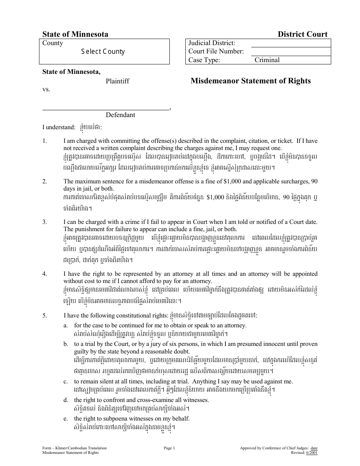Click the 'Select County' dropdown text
click(103, 52)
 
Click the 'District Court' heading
click(302, 34)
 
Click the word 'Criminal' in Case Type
click(267, 60)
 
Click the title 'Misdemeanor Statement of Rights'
click(250, 81)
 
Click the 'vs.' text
click(46, 89)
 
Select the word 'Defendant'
click(120, 115)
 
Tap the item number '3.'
click(45, 222)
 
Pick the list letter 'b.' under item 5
click(66, 344)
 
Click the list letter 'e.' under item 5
click(66, 419)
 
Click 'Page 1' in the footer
click(169, 448)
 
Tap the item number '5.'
click(45, 315)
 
